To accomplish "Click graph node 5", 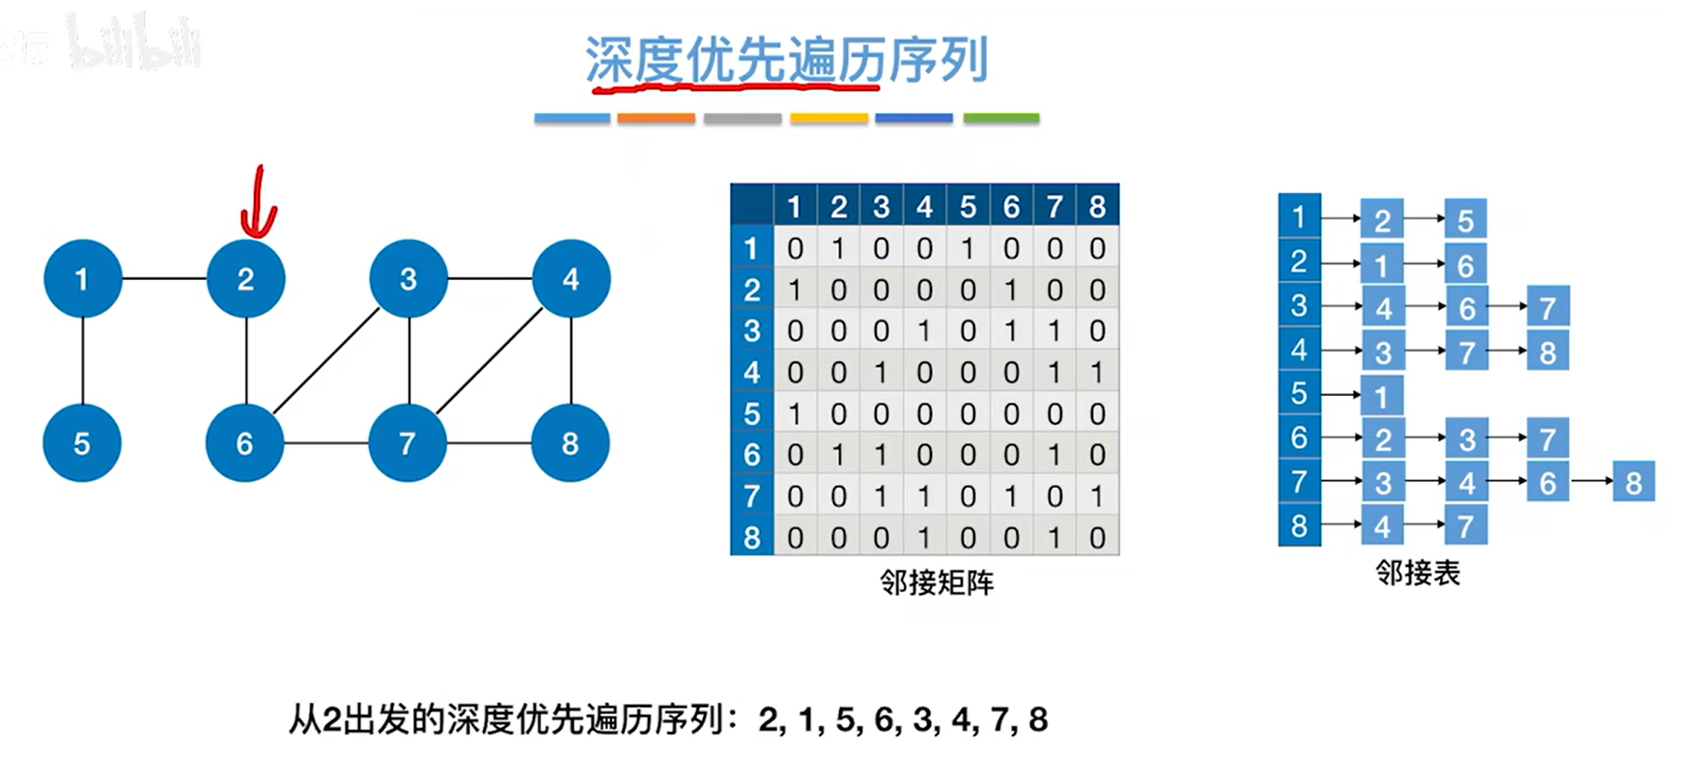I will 82,443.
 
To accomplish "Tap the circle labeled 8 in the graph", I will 570,443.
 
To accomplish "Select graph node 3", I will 408,279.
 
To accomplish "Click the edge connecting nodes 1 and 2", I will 164,279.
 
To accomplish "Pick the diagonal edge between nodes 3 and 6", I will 326,361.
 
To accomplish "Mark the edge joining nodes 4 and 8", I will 571,361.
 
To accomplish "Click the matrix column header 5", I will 968,207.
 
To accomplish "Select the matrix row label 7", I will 751,496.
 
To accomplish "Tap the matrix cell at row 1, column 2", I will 838,249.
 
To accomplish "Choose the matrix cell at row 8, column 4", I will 924,538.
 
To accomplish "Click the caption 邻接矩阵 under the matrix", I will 936,582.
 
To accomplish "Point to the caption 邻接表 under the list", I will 1418,573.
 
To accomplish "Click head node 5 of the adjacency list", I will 1299,394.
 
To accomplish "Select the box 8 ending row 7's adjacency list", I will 1633,482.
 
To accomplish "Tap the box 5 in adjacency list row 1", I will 1466,220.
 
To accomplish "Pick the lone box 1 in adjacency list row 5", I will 1382,396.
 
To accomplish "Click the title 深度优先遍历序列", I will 786,60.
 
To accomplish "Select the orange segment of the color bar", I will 656,118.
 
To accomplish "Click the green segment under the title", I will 1000,118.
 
